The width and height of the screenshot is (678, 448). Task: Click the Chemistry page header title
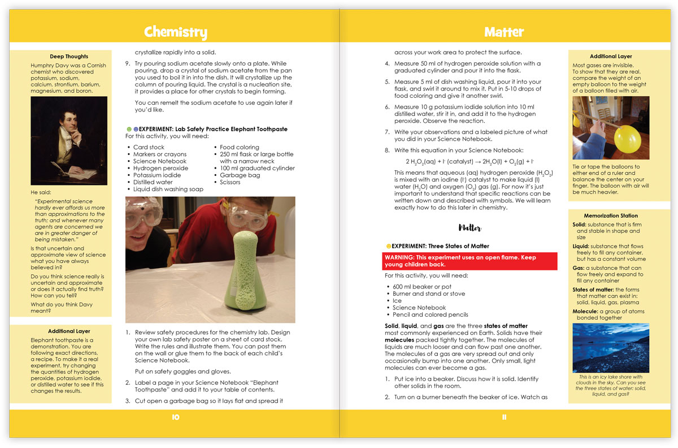point(175,32)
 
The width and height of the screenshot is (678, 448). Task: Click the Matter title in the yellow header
point(504,32)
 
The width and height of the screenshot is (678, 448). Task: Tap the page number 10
point(175,417)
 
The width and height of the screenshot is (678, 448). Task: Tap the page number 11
point(504,417)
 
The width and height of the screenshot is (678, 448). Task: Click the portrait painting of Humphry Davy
point(69,140)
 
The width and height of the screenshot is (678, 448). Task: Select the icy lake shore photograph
point(611,347)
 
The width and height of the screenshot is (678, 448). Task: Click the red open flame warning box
point(470,260)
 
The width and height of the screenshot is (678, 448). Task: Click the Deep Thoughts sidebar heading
point(69,57)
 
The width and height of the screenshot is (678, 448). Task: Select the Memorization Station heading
point(611,216)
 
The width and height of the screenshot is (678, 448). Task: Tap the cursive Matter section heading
point(470,228)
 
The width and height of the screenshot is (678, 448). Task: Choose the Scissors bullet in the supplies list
point(231,182)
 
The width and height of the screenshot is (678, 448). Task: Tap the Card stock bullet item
point(149,147)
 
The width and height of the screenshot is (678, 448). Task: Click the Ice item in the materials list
point(397,301)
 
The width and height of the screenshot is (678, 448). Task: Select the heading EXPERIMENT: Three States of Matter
point(441,246)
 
